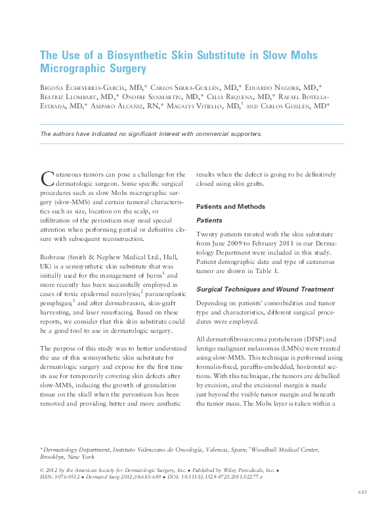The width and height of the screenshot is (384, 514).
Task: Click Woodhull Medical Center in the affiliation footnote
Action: point(286,449)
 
